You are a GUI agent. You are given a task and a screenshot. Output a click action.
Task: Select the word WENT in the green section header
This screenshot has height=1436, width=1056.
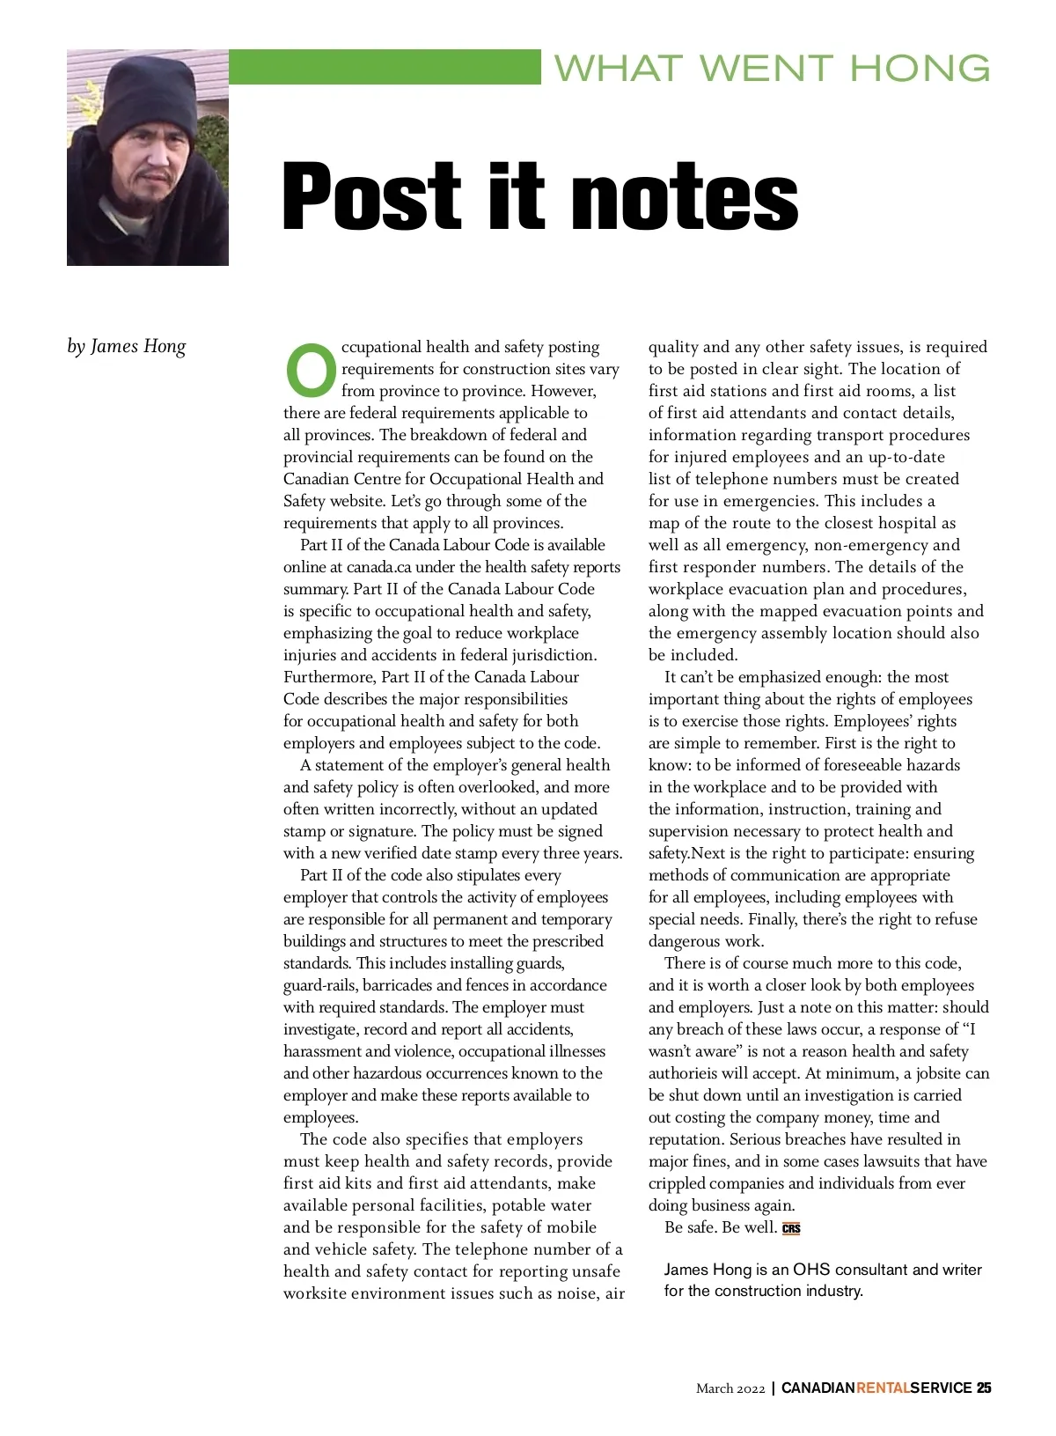[766, 68]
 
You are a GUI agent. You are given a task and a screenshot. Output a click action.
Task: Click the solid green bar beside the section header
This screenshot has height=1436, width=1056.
[385, 67]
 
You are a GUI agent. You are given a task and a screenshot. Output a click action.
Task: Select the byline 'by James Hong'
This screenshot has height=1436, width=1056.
[127, 346]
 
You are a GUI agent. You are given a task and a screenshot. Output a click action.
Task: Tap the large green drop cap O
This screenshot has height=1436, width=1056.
[311, 370]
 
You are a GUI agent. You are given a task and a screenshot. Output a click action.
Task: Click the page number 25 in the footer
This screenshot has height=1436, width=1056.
[984, 1388]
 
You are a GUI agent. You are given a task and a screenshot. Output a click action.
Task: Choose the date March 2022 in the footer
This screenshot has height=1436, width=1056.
[730, 1388]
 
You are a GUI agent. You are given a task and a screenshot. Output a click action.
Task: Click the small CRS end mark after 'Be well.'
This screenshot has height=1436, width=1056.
[791, 1228]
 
